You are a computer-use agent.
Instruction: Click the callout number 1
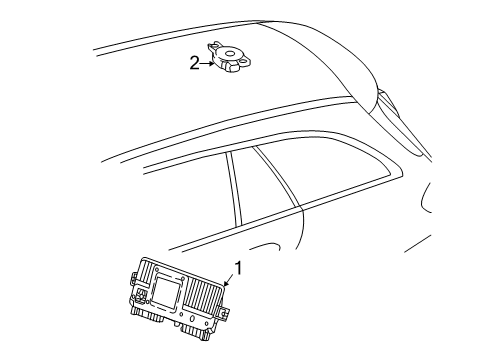(238, 268)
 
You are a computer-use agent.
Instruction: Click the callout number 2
(194, 63)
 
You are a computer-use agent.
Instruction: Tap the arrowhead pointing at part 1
(226, 284)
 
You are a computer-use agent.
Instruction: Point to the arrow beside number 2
(208, 63)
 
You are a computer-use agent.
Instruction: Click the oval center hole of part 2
(229, 53)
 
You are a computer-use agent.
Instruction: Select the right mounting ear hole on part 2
(245, 61)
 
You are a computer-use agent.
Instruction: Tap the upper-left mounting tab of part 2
(213, 46)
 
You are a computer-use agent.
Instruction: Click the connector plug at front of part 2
(232, 68)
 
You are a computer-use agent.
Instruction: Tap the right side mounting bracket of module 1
(225, 311)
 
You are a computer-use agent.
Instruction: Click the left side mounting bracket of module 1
(134, 279)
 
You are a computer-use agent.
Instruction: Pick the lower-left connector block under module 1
(149, 315)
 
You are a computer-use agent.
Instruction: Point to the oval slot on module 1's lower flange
(192, 319)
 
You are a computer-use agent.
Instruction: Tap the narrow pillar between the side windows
(233, 189)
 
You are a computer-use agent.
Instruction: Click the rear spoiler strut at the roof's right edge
(399, 122)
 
